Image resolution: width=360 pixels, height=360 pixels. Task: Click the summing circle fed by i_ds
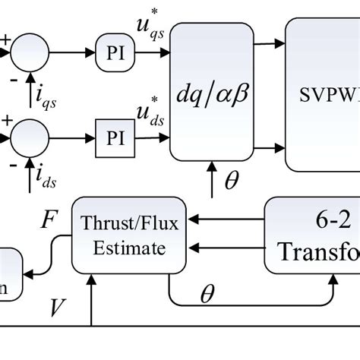click(x=30, y=138)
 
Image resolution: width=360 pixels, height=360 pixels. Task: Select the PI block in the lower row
click(x=113, y=138)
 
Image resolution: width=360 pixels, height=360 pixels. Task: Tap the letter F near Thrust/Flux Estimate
click(x=47, y=221)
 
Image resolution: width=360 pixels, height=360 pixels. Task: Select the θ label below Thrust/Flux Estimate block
click(x=207, y=295)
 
